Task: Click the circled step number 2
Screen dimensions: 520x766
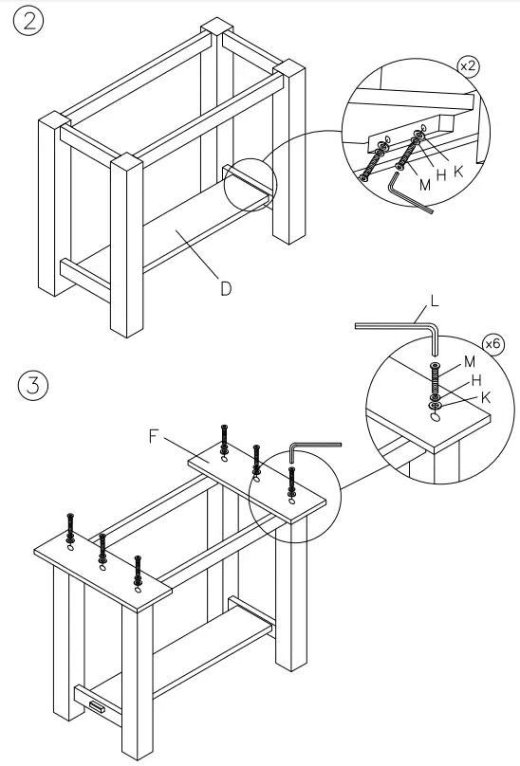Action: [28, 21]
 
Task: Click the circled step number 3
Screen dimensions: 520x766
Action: [33, 385]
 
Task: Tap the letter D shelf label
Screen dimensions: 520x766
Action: [226, 289]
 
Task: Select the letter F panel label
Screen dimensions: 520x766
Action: [154, 436]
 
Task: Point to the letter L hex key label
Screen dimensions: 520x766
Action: [434, 301]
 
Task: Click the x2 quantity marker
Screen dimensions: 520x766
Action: [468, 66]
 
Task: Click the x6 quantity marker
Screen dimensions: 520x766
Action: [492, 344]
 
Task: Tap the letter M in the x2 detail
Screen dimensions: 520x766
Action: [425, 185]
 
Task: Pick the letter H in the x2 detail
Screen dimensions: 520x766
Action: [441, 176]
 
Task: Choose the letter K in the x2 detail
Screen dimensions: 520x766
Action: [458, 172]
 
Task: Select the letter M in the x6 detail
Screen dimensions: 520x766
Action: [469, 361]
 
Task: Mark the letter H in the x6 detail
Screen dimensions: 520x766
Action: [476, 380]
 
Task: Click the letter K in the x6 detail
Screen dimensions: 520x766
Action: [486, 397]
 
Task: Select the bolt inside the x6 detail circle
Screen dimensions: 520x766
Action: [435, 382]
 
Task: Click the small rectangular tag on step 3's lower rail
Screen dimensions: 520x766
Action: [97, 706]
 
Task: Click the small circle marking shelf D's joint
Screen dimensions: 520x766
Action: [250, 185]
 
